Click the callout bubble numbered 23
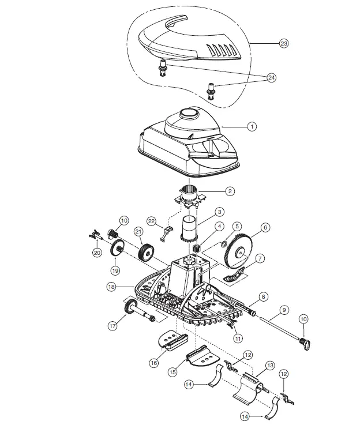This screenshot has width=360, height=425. point(284,43)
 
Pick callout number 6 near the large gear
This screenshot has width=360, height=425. point(265,228)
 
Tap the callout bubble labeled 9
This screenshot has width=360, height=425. point(283,310)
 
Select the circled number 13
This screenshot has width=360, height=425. point(269,366)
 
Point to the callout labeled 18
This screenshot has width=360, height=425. point(111,286)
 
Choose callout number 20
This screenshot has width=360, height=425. point(96,251)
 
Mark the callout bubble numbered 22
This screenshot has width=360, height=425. point(152,221)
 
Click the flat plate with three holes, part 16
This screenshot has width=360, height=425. point(171,340)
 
